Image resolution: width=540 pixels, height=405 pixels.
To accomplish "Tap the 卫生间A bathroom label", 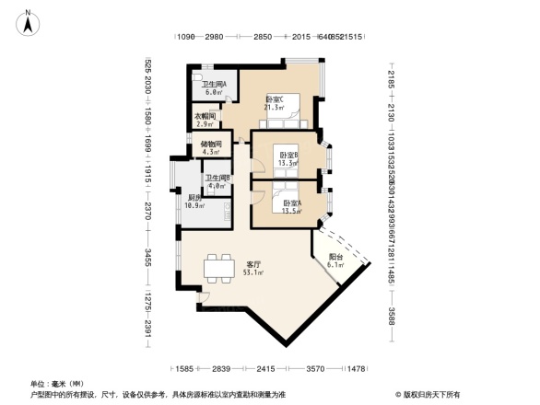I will click(215, 85).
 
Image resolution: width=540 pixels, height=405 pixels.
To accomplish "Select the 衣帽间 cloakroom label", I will click(205, 117).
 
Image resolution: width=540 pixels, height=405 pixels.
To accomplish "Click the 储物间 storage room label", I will click(211, 145).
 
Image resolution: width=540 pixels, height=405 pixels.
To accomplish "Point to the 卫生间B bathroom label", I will click(217, 179).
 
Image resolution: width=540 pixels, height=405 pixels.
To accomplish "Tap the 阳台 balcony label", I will click(335, 258).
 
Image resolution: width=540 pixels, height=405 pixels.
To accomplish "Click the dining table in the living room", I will click(219, 267).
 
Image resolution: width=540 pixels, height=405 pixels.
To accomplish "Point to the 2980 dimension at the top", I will click(216, 36).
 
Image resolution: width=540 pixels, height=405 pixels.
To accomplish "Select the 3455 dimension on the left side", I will click(147, 257).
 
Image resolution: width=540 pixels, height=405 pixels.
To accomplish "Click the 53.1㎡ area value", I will click(252, 272).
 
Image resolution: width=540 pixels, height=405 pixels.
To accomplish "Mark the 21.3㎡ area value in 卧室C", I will click(274, 107).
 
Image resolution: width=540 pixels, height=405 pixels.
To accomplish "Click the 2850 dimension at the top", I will click(263, 36).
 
